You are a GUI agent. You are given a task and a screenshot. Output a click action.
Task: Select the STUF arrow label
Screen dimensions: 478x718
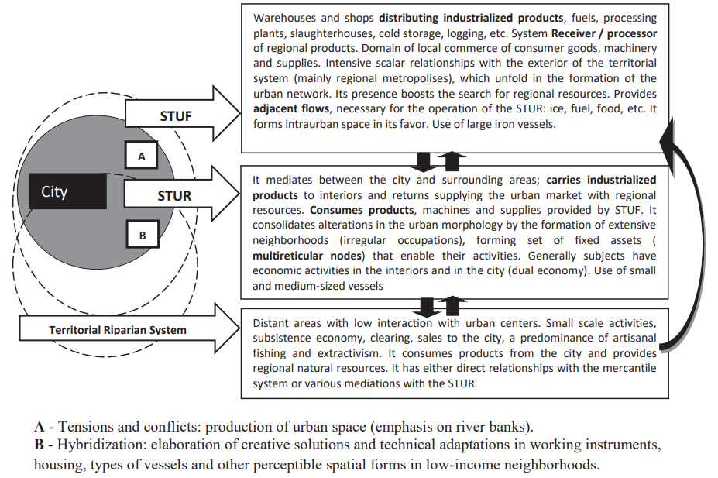coord(176,116)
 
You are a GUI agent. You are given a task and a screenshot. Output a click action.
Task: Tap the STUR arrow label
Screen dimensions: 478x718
coord(174,196)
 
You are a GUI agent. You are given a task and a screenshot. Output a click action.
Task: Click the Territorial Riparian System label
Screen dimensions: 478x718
coord(118,330)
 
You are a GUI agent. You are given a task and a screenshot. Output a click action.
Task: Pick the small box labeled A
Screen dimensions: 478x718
coord(141,156)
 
